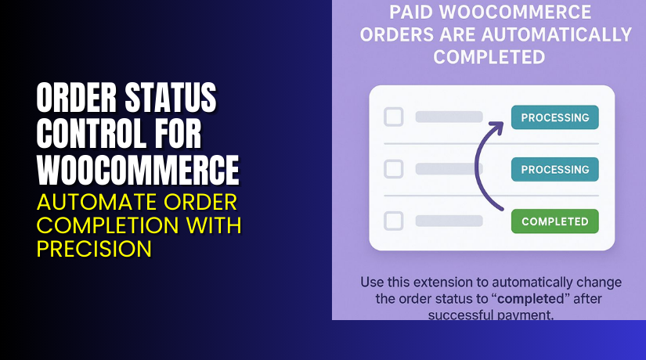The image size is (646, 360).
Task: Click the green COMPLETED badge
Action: (554, 221)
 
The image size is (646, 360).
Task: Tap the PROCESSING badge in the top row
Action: (554, 117)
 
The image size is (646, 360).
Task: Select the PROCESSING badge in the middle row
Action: (554, 169)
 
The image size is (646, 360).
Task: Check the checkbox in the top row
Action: (393, 117)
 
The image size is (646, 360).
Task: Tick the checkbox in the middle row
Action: (393, 169)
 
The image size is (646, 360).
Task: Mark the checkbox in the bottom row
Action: (393, 221)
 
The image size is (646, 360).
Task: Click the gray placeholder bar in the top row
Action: (449, 117)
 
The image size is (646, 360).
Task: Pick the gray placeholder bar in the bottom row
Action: (449, 221)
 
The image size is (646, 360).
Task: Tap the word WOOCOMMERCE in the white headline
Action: (138, 169)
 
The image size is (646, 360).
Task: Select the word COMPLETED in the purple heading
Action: (489, 57)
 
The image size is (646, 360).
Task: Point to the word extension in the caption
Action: (450, 281)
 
